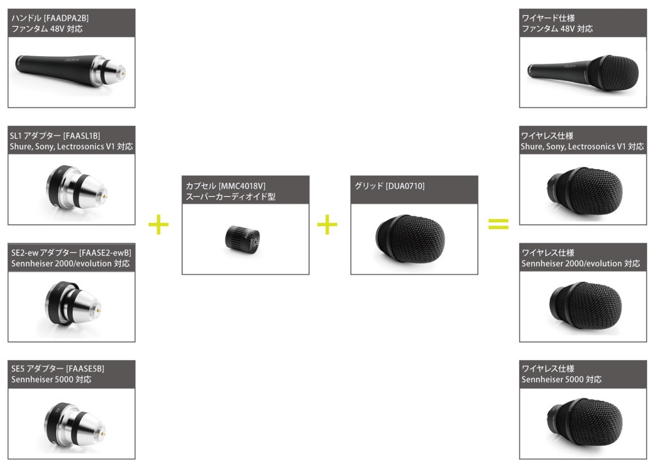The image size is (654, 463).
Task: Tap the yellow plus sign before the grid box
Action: click(x=327, y=225)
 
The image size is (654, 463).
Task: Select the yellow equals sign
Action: click(x=498, y=224)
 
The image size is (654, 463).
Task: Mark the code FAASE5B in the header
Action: click(x=84, y=370)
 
